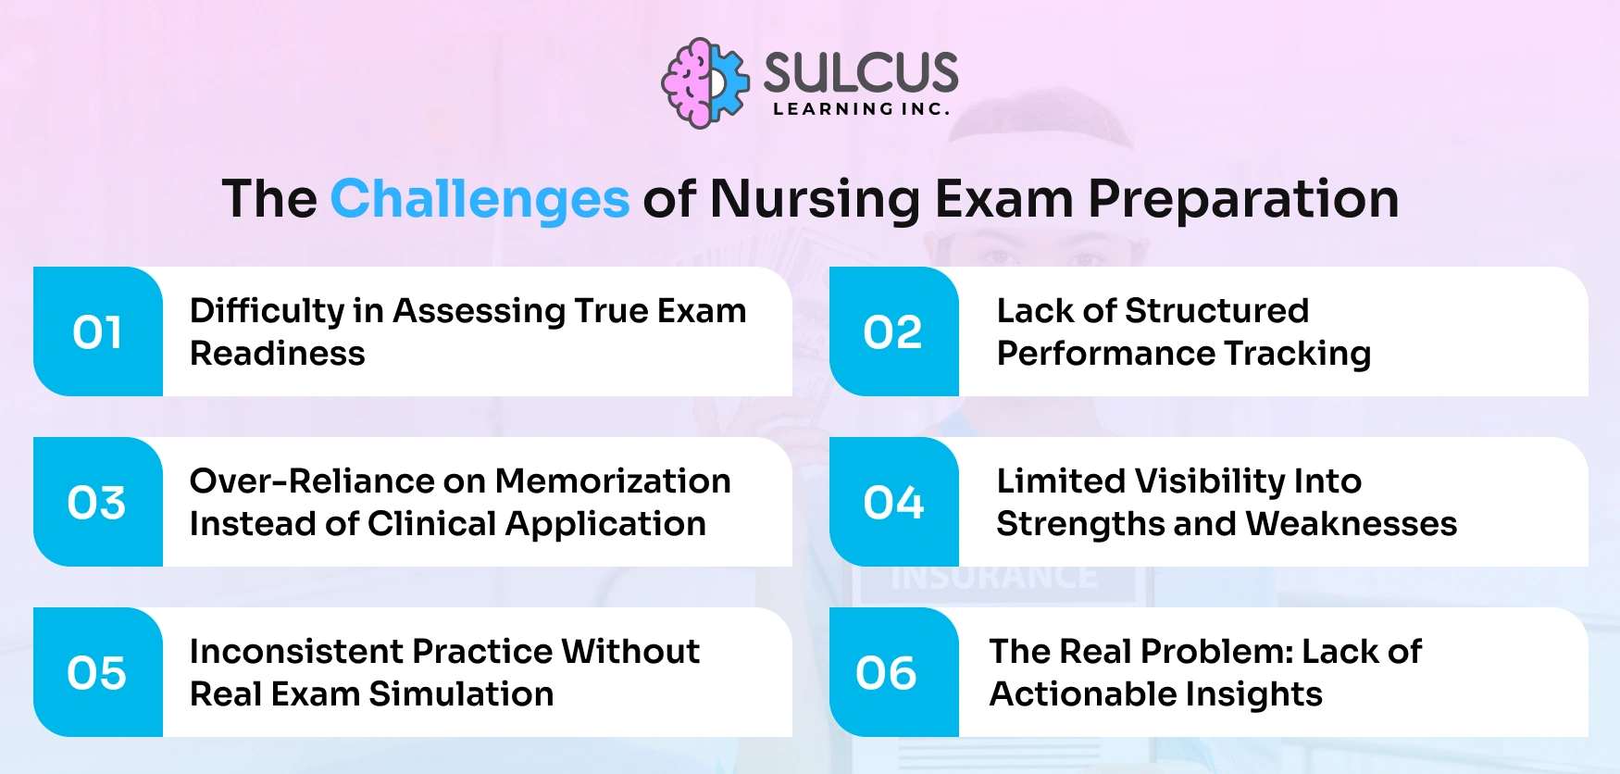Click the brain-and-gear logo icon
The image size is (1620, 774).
[x=704, y=83]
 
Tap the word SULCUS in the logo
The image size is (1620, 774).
[x=860, y=72]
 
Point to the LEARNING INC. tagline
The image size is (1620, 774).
[x=861, y=109]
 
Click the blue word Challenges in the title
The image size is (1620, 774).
[x=480, y=199]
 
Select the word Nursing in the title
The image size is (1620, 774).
[x=814, y=199]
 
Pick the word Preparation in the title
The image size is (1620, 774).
[x=1242, y=199]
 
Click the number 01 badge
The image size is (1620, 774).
[x=98, y=332]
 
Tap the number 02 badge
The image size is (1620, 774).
[x=893, y=332]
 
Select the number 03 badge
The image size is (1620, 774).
[x=97, y=503]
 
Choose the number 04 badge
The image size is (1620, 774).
[x=893, y=503]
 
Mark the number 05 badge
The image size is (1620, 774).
[x=97, y=673]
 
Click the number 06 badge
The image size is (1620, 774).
[x=887, y=673]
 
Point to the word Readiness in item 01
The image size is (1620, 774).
[x=278, y=354]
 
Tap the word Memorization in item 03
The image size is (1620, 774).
[x=613, y=481]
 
